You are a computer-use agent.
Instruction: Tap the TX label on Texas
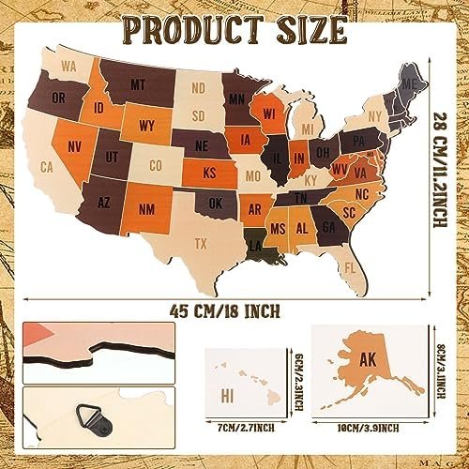pos(201,243)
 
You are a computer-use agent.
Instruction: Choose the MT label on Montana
pos(138,84)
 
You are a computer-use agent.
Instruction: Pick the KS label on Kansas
pos(210,173)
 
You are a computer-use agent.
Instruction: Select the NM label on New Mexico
pos(145,209)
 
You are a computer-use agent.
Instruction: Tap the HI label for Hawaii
pos(227,394)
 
